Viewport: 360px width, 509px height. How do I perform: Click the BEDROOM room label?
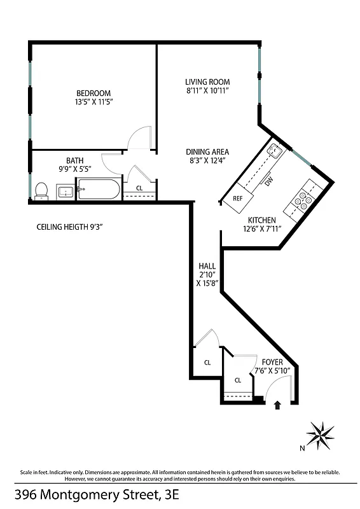[93, 93]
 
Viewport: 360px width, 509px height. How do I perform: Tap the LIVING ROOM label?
[207, 82]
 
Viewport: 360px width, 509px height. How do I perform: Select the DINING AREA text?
[207, 152]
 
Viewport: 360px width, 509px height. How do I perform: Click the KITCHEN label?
[261, 220]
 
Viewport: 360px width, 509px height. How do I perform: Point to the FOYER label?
[272, 362]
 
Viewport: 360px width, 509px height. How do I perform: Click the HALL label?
[207, 265]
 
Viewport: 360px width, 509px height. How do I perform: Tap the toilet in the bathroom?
[41, 190]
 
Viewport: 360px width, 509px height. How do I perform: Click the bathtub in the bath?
[98, 190]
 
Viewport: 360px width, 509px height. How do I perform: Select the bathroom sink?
[64, 191]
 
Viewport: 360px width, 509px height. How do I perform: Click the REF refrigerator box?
[237, 198]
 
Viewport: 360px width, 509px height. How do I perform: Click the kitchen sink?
[275, 150]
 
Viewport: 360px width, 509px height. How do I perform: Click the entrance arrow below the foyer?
[277, 405]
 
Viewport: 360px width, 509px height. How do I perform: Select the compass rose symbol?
[320, 435]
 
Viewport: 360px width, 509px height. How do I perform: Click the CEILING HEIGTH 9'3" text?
[70, 225]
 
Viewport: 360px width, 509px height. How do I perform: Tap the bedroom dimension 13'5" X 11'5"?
[93, 102]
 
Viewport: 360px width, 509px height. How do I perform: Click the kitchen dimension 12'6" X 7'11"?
[261, 229]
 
